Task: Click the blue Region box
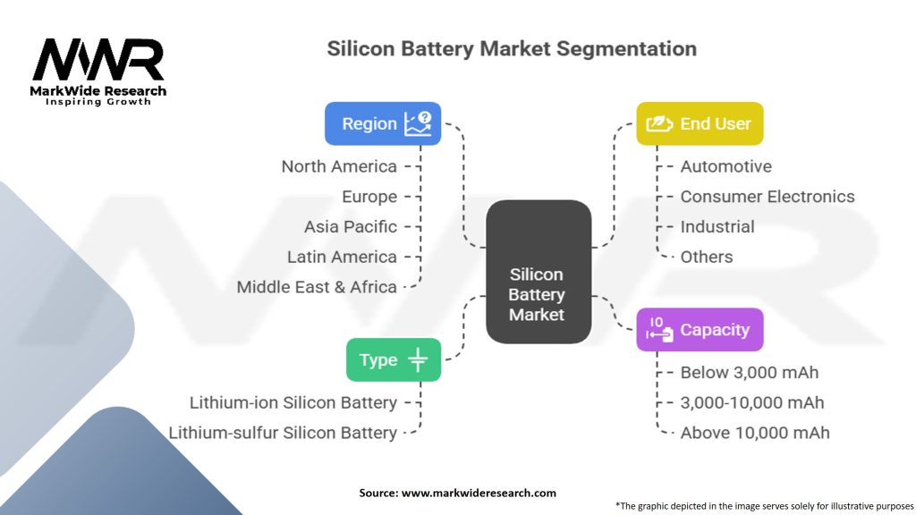click(383, 123)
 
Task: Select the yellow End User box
click(700, 123)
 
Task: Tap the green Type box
click(394, 359)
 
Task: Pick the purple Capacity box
click(700, 329)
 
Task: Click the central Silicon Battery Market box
click(538, 272)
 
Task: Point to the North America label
click(339, 166)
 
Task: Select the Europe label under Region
click(369, 197)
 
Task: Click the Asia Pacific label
click(351, 226)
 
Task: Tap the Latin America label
click(342, 257)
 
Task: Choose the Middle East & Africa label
click(317, 287)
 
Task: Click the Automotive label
click(725, 166)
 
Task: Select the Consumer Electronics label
click(767, 197)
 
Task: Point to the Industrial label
click(717, 226)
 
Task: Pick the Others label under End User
click(707, 257)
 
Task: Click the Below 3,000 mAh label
click(750, 373)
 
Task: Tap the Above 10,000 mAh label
click(755, 433)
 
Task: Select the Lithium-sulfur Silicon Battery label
click(283, 433)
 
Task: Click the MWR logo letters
click(98, 60)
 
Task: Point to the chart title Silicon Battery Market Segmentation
click(512, 48)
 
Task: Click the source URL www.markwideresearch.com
click(479, 493)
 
